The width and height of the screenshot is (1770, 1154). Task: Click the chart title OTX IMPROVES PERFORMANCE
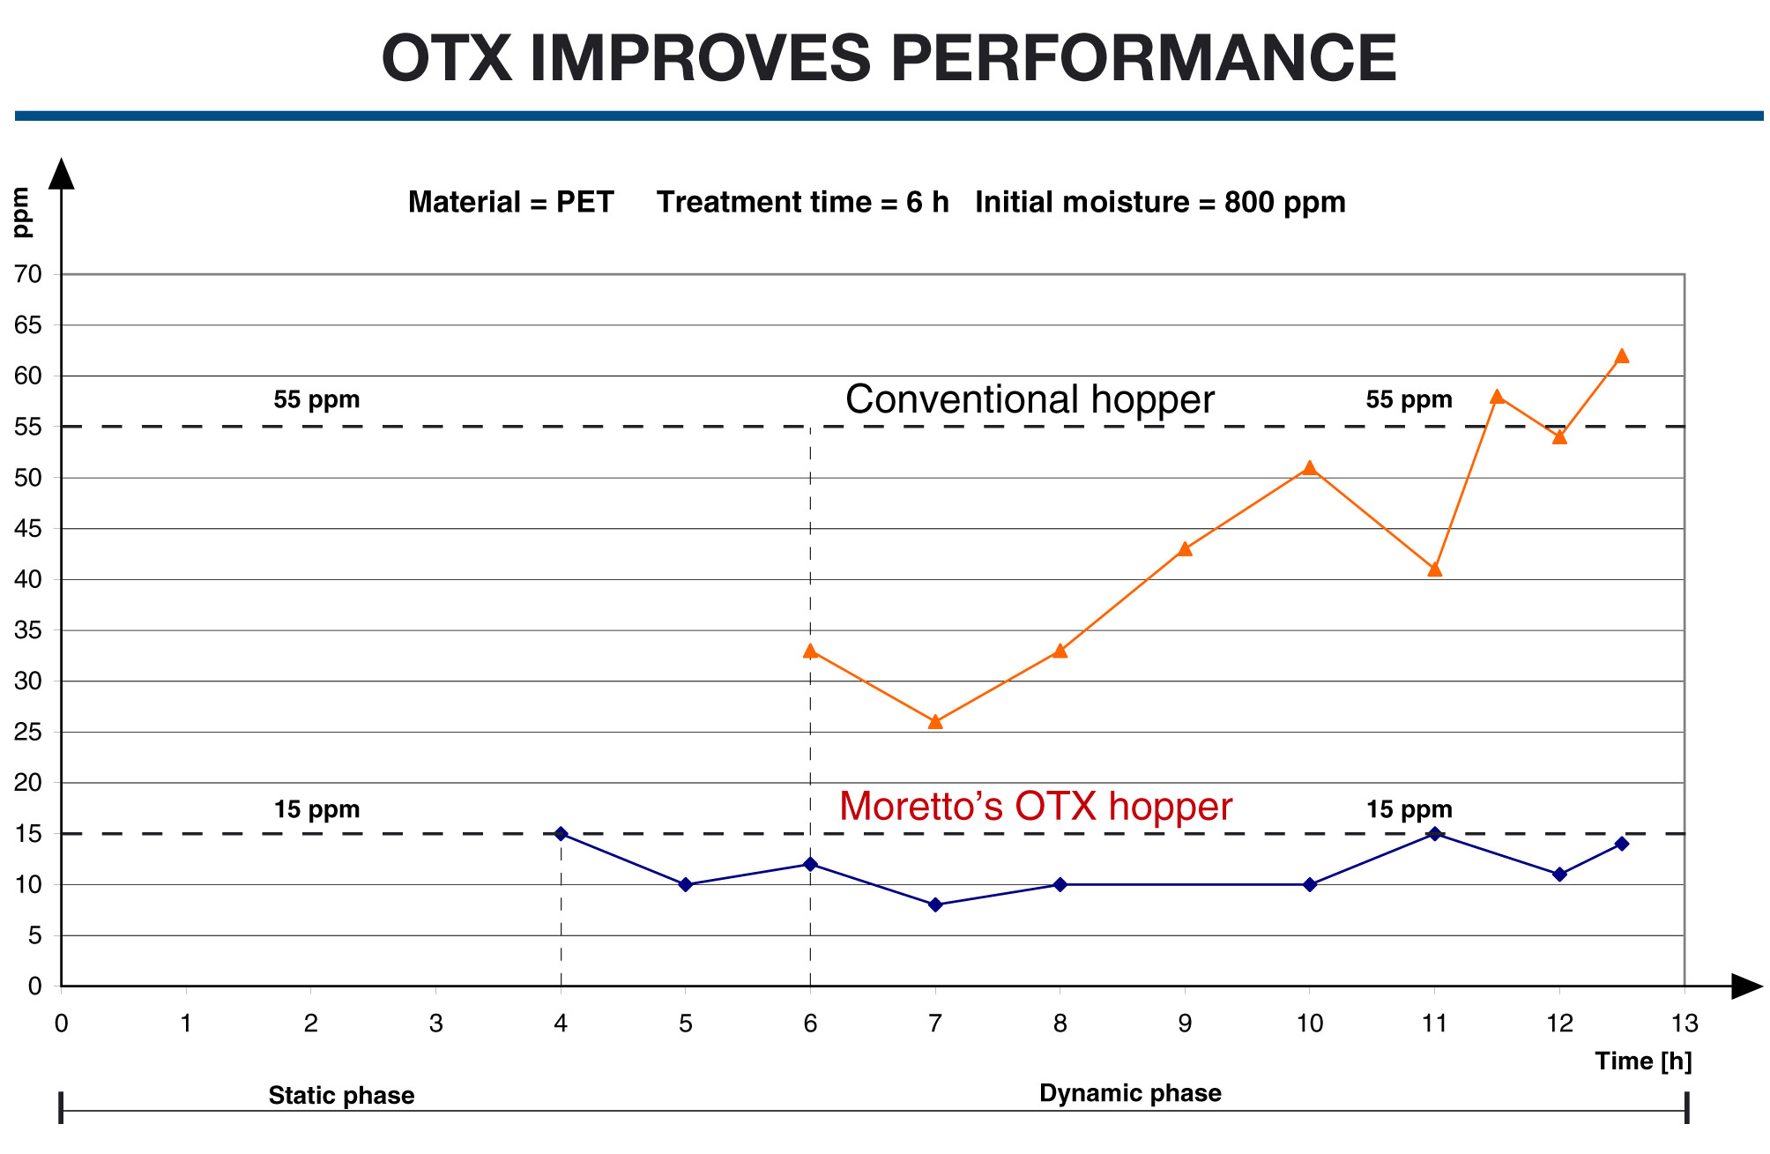pyautogui.click(x=889, y=58)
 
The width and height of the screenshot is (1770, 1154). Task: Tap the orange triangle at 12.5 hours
pyautogui.click(x=1622, y=356)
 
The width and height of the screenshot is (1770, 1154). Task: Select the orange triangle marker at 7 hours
pyautogui.click(x=935, y=722)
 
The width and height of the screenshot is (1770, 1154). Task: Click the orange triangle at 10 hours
pyautogui.click(x=1310, y=468)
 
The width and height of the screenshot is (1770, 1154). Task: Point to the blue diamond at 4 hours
pyautogui.click(x=561, y=833)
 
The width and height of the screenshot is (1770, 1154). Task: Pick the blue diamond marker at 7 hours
pyautogui.click(x=935, y=905)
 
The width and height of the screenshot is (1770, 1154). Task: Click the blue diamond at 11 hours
pyautogui.click(x=1435, y=833)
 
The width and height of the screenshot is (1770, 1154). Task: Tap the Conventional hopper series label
pyautogui.click(x=1030, y=399)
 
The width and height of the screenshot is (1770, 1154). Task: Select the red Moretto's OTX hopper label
pyautogui.click(x=1035, y=807)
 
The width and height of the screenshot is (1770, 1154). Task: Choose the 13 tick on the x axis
pyautogui.click(x=1684, y=1024)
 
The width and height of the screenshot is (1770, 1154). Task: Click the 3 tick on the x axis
pyautogui.click(x=435, y=1024)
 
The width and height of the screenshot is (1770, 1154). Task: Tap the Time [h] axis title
pyautogui.click(x=1643, y=1061)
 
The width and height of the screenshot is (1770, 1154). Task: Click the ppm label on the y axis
pyautogui.click(x=21, y=212)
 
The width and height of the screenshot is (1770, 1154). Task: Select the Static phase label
pyautogui.click(x=341, y=1096)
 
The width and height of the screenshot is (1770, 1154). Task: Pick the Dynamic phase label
pyautogui.click(x=1130, y=1093)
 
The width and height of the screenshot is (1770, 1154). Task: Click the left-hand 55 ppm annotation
pyautogui.click(x=316, y=399)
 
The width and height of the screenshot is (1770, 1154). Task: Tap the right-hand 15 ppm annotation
pyautogui.click(x=1409, y=809)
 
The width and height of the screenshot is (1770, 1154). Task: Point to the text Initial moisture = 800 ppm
pyautogui.click(x=1160, y=202)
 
